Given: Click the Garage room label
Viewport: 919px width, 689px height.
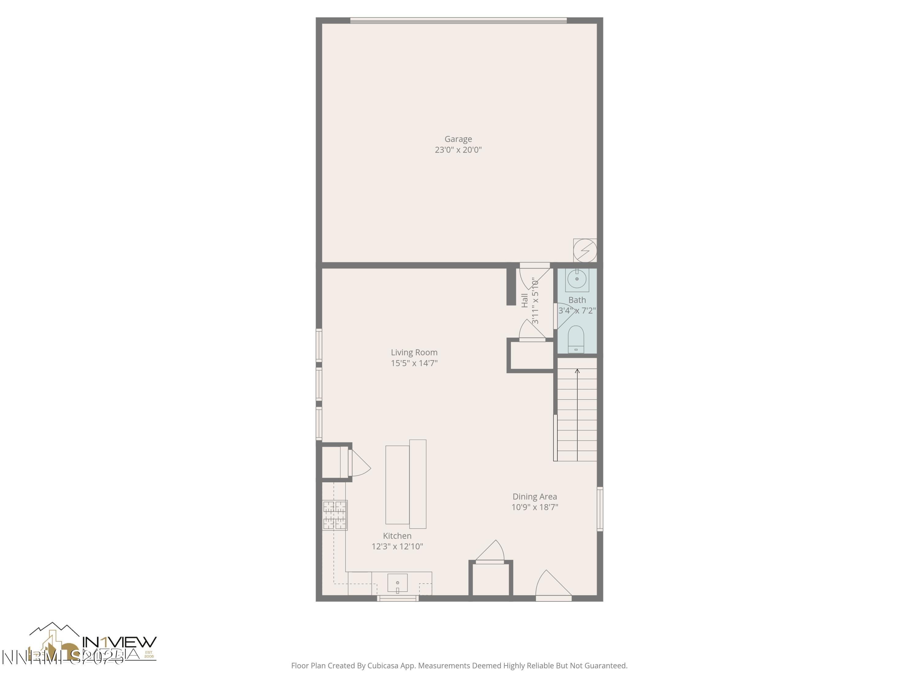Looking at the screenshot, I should tap(458, 139).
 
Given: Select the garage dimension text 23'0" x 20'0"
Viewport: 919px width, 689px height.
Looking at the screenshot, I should tap(458, 150).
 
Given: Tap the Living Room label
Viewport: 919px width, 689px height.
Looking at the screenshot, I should tap(414, 352).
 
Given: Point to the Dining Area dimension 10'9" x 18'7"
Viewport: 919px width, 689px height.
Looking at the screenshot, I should tap(535, 507).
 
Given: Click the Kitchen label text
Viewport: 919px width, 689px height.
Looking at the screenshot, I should tap(397, 536).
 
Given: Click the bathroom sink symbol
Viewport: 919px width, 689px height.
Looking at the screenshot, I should tap(577, 279).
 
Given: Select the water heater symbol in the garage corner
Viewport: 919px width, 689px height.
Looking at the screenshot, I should tap(585, 250).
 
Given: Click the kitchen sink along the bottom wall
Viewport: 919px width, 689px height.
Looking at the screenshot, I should tap(398, 583).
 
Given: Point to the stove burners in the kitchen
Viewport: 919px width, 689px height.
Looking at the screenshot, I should tap(335, 515).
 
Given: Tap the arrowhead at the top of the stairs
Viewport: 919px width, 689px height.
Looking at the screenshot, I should tap(577, 371).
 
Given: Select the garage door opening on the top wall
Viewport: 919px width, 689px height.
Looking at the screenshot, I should tap(458, 20).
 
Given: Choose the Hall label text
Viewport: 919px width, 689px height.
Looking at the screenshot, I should tap(525, 300).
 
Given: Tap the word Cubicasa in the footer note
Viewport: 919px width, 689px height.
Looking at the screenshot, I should tap(382, 666).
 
